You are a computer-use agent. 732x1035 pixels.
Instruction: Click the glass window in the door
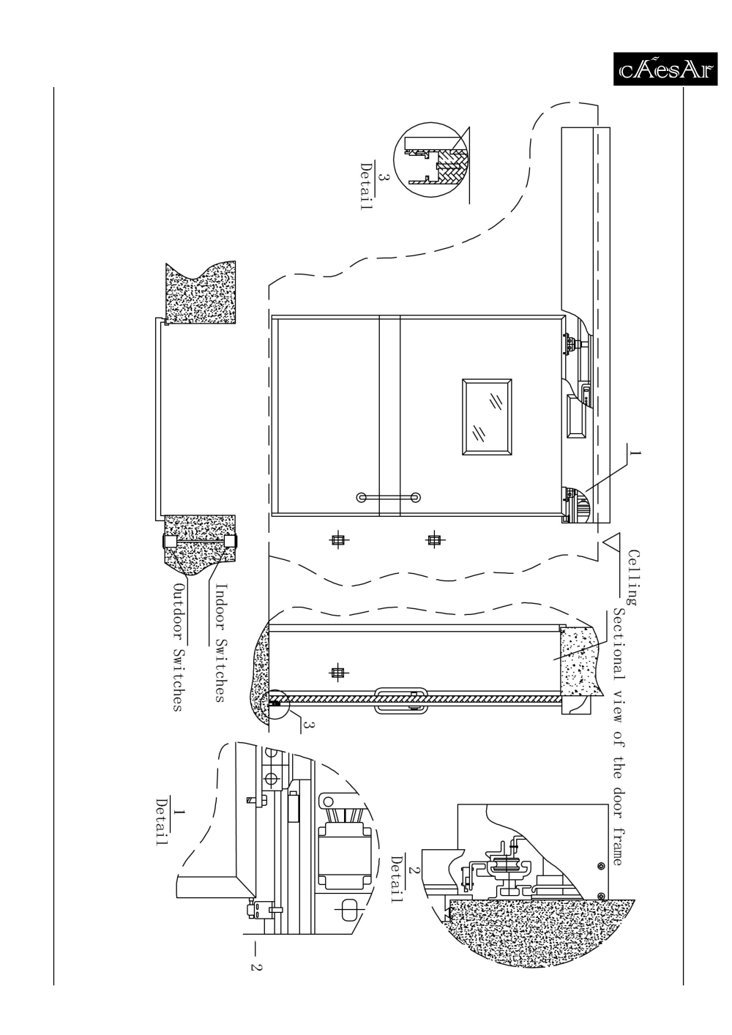(x=487, y=417)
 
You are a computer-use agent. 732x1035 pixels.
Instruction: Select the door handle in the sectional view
(x=400, y=700)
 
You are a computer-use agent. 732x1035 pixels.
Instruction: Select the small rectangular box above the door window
(x=576, y=416)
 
